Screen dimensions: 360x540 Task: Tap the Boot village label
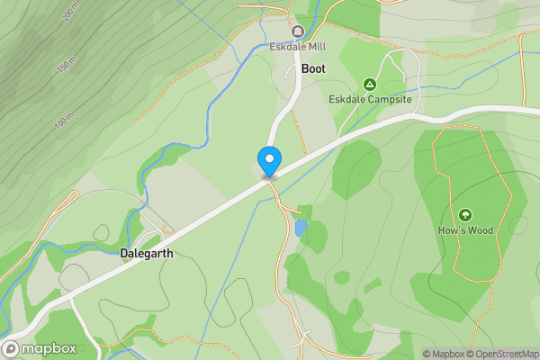click(313, 68)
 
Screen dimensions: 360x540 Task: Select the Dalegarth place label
click(146, 254)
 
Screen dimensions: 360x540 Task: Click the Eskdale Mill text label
click(297, 47)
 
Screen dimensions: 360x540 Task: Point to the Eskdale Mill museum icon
click(297, 31)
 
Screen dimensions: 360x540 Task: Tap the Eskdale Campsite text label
click(369, 99)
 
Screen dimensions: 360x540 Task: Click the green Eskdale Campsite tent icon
click(369, 84)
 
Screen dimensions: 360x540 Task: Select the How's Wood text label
click(465, 230)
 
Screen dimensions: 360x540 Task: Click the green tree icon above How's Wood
click(465, 215)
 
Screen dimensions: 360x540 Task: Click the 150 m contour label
click(64, 68)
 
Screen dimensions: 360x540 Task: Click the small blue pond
click(301, 229)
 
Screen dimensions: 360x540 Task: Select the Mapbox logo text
click(44, 348)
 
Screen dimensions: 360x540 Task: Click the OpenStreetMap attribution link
click(508, 354)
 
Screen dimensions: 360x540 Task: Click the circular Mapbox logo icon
click(11, 348)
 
